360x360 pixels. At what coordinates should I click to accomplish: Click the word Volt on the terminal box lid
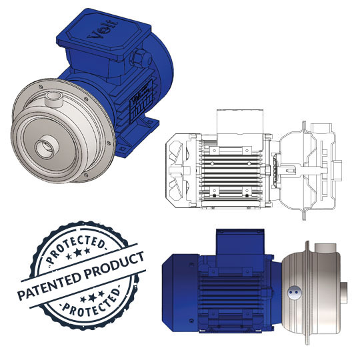103,30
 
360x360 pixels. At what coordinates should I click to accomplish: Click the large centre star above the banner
78,252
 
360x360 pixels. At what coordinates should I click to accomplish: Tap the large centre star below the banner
92,298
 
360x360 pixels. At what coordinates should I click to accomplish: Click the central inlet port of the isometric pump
46,147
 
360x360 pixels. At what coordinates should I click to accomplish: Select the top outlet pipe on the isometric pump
54,99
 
